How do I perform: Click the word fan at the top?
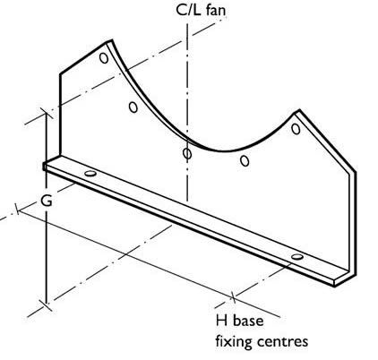pos(216,10)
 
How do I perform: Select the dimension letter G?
pos(47,201)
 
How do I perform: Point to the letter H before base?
pos(221,321)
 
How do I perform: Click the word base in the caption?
pos(248,321)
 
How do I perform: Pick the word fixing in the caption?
pos(234,341)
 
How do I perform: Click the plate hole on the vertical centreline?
pos(187,153)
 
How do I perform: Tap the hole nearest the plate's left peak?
pos(104,57)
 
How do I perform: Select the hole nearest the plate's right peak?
pos(296,129)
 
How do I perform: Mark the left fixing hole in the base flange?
pos(90,173)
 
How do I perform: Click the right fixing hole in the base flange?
pos(297,257)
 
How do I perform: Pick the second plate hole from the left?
pos(133,107)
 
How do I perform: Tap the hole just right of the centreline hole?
pos(245,160)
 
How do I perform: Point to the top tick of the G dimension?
pos(47,114)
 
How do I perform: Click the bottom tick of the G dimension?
pos(47,304)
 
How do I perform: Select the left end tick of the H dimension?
pos(18,209)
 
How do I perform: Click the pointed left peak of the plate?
pos(111,39)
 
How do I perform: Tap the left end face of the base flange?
pos(45,167)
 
